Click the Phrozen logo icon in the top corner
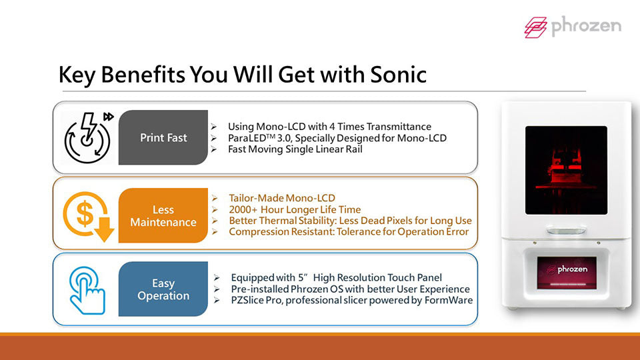pyautogui.click(x=535, y=27)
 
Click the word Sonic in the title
pyautogui.click(x=399, y=75)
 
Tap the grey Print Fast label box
pyautogui.click(x=163, y=137)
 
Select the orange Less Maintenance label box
pyautogui.click(x=163, y=215)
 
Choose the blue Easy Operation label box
pyautogui.click(x=163, y=289)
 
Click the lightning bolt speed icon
pyautogui.click(x=88, y=137)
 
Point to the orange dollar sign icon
pyautogui.click(x=89, y=216)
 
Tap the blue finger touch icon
pyautogui.click(x=87, y=290)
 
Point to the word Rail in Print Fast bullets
pyautogui.click(x=354, y=149)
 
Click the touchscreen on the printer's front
pyautogui.click(x=567, y=273)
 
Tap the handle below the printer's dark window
pyautogui.click(x=566, y=231)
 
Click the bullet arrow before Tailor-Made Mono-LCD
pyautogui.click(x=215, y=199)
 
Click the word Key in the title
pyautogui.click(x=77, y=75)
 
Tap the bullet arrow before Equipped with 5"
pyautogui.click(x=217, y=278)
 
